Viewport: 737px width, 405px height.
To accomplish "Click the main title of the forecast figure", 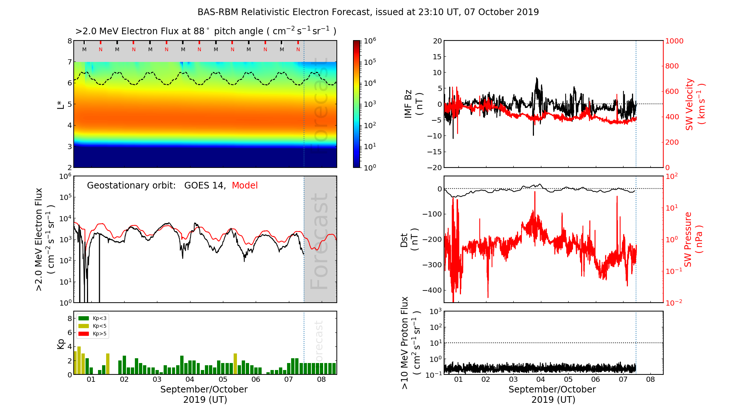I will [x=368, y=12].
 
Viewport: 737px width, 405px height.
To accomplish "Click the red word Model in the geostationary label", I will [x=245, y=186].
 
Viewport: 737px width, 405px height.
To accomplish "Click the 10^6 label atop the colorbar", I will [x=370, y=40].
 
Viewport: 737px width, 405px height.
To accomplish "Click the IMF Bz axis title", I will [x=413, y=104].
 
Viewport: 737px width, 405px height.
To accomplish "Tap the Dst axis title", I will [x=409, y=239].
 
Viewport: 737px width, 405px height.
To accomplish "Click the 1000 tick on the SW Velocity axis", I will [x=674, y=41].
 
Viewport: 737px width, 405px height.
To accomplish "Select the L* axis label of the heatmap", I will [x=61, y=104].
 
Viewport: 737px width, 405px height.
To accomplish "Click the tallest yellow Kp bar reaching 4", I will [x=79, y=360].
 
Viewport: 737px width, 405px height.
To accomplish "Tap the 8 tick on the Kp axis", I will [x=70, y=318].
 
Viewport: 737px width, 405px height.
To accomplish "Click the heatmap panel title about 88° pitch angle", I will [x=206, y=31].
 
